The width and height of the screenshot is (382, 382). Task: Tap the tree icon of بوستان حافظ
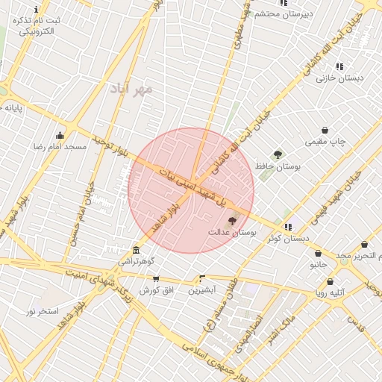(278, 154)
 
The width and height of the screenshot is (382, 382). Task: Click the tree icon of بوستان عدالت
(231, 220)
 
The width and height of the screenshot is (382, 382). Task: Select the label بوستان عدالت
(232, 233)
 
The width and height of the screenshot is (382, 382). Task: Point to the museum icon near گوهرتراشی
(136, 250)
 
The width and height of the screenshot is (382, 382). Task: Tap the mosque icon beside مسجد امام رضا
(60, 135)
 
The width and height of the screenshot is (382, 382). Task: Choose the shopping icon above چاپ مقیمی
(325, 130)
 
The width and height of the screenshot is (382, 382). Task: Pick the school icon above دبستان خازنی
(339, 66)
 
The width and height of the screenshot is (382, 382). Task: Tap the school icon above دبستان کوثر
(288, 227)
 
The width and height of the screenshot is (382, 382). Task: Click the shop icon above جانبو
(319, 253)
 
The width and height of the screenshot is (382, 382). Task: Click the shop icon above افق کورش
(156, 278)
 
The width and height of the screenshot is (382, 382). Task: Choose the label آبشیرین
(201, 289)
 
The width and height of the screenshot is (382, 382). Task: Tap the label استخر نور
(43, 310)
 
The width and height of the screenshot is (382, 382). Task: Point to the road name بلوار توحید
(112, 147)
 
